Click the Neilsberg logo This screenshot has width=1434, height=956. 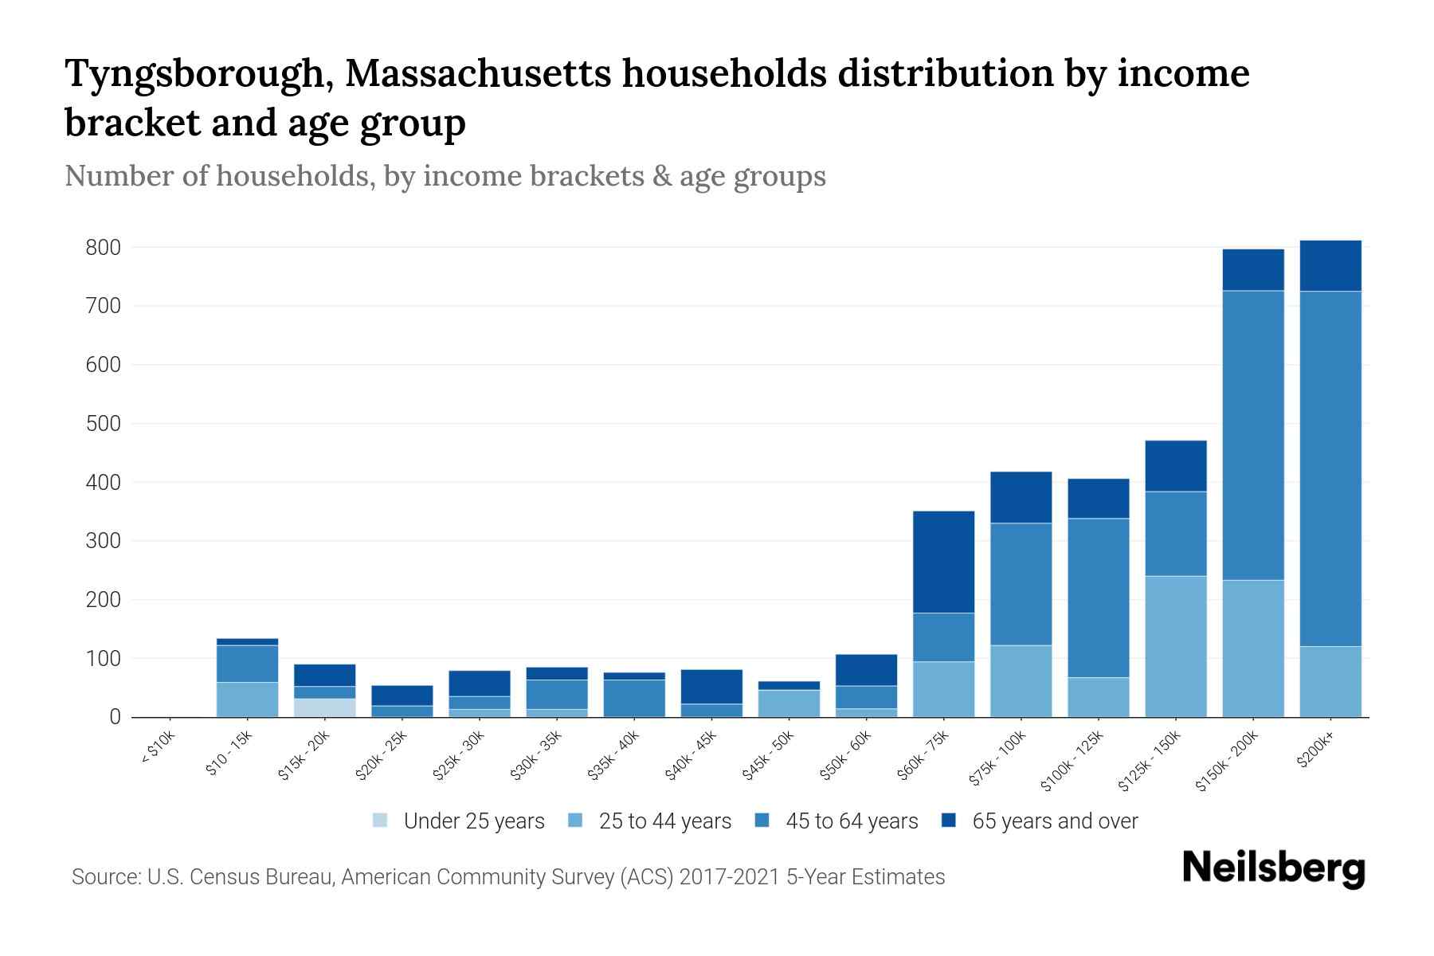click(1273, 868)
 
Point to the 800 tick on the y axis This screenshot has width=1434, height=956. click(103, 248)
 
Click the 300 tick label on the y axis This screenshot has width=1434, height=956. click(103, 541)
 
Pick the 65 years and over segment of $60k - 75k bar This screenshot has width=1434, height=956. click(943, 562)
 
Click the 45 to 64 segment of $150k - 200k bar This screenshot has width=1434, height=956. click(1253, 435)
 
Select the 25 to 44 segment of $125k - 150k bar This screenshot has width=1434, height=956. click(1175, 646)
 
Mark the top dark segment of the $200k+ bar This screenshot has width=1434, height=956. click(1330, 265)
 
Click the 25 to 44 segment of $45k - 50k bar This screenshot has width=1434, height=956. click(789, 703)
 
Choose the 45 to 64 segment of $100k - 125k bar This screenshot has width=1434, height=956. click(1098, 597)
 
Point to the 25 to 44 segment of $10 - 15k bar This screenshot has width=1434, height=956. click(247, 699)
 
